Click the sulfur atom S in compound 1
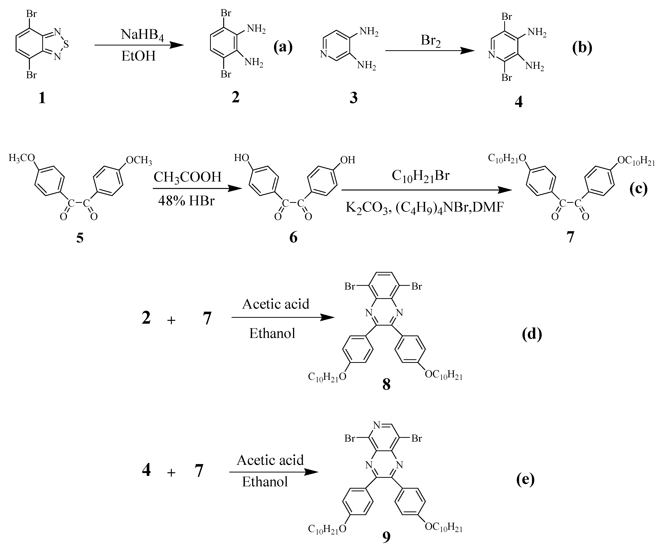point(66,45)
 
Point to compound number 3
point(354,98)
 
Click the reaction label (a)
point(283,47)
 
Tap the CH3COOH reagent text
point(188,177)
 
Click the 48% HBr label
point(186,201)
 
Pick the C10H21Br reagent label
point(420,176)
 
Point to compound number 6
point(293,237)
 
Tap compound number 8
point(386,384)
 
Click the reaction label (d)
point(532,334)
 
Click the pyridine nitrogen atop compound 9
point(377,426)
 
